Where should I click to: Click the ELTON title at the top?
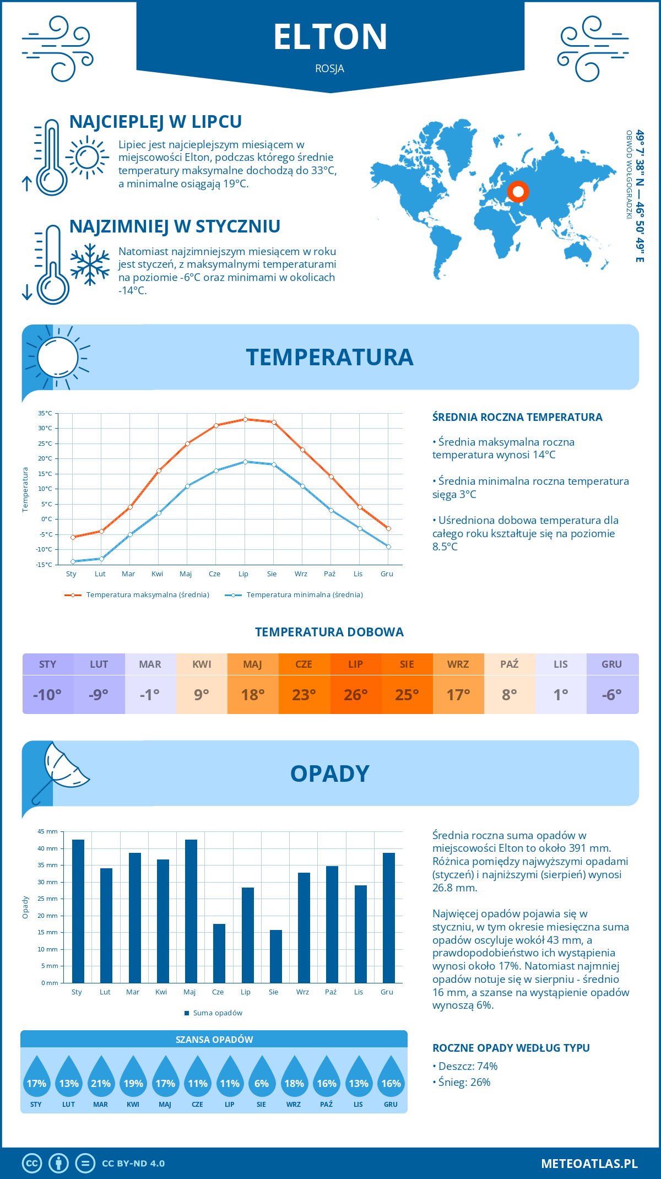tap(330, 37)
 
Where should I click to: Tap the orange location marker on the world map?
tap(518, 192)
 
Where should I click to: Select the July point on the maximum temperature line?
tap(245, 419)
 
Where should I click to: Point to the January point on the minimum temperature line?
tap(73, 561)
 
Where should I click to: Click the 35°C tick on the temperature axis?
tap(45, 413)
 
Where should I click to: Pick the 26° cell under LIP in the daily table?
tap(356, 695)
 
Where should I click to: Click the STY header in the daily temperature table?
tap(48, 664)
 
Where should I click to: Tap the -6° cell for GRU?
tap(612, 695)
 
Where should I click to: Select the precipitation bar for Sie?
tap(276, 956)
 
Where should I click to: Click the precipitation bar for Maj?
tap(191, 911)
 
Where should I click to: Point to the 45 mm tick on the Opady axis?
tap(48, 831)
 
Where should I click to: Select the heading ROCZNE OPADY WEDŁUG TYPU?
tap(511, 1048)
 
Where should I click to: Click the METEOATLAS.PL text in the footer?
tap(589, 1164)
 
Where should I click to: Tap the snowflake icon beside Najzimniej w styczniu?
tap(90, 264)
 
